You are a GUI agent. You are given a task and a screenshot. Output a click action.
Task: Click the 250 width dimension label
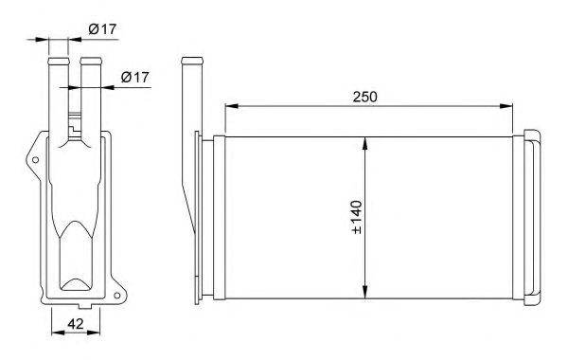tap(364, 97)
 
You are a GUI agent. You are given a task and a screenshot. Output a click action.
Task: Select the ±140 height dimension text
tap(357, 216)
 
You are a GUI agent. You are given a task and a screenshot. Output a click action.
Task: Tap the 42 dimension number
tap(71, 324)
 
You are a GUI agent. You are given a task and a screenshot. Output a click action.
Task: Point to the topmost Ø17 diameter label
tap(102, 29)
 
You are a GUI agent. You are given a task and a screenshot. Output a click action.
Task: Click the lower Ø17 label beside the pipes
tap(135, 78)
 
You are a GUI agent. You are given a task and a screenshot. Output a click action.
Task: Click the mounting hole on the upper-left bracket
tap(36, 160)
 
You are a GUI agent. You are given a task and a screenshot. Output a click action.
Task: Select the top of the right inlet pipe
tap(90, 60)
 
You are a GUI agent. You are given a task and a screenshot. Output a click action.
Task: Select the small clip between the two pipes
tap(75, 122)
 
